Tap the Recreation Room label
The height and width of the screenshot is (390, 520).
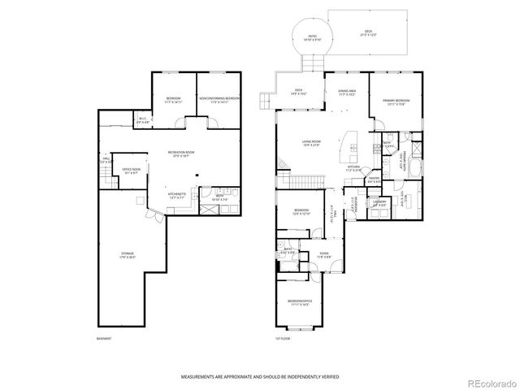180,153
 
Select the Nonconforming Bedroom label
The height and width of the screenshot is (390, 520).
219,99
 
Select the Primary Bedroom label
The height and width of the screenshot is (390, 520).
396,101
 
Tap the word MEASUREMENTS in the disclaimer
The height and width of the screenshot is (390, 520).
197,378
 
